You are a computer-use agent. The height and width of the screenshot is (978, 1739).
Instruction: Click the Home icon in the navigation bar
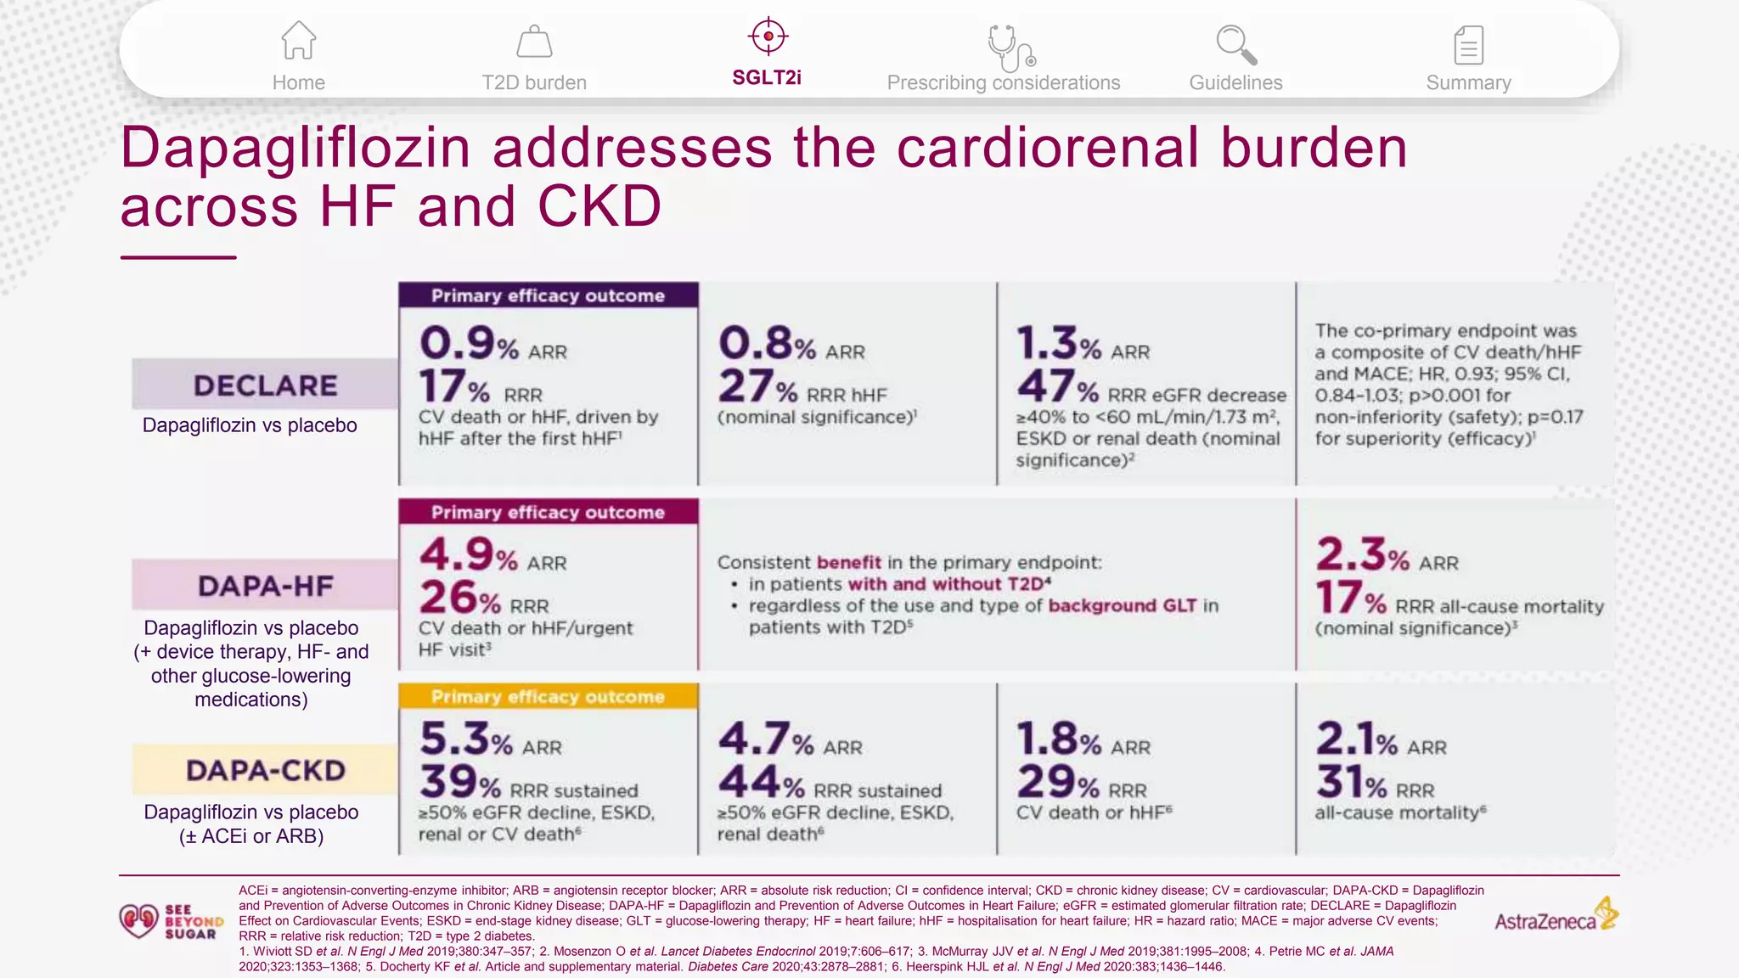coord(298,40)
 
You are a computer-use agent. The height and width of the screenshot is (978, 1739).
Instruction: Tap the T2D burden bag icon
coord(534,42)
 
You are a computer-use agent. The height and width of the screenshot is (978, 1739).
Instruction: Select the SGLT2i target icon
coord(768,37)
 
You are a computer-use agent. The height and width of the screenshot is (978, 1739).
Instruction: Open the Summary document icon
coord(1468,45)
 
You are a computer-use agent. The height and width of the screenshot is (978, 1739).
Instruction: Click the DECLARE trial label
coord(265,385)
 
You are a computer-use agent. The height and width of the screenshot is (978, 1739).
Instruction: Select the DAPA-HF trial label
coord(265,586)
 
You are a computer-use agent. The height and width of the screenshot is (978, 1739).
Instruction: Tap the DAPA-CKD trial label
coord(265,770)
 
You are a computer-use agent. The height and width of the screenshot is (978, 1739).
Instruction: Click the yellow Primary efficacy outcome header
coord(548,696)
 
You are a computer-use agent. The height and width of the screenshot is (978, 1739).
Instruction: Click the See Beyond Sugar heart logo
coord(138,920)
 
